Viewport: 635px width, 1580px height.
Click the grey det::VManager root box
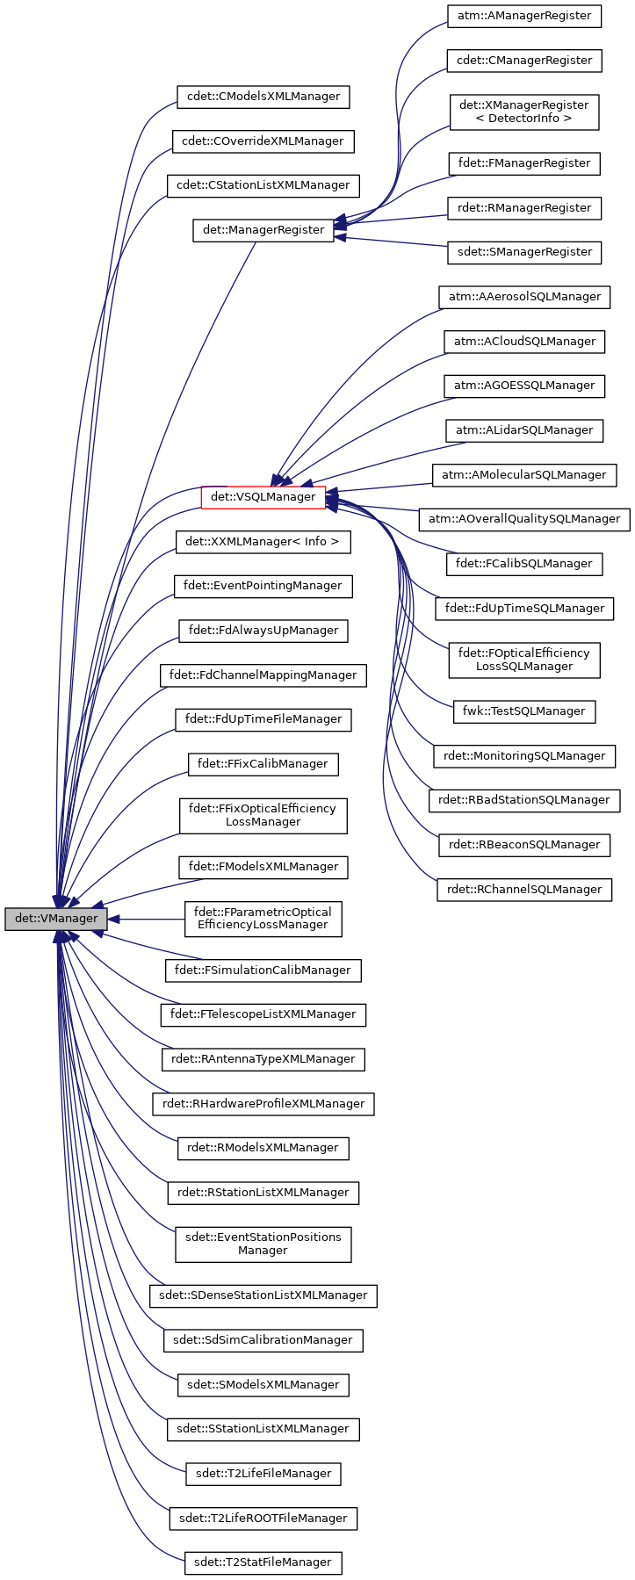56,920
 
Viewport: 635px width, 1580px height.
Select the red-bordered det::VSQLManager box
263,497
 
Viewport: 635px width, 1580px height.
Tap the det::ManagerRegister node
263,230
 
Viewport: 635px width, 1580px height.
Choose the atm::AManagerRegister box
524,16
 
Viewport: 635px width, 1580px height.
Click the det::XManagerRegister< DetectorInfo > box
523,112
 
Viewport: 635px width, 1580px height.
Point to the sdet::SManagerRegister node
524,252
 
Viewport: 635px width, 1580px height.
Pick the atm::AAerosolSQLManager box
524,297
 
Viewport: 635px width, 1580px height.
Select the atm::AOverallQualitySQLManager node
524,519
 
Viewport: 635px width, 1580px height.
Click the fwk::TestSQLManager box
524,711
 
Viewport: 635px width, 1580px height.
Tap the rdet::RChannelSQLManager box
524,890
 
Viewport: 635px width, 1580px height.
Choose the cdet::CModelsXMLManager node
263,97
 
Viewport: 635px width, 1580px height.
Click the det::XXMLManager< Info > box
263,542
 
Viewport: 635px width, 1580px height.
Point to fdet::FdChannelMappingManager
263,675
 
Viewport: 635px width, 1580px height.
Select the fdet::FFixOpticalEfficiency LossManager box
263,815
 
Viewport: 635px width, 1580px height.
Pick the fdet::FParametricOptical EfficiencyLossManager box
263,919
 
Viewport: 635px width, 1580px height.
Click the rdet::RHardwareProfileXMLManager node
263,1104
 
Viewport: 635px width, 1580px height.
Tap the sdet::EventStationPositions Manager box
263,1244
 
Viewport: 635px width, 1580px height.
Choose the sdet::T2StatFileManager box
263,1562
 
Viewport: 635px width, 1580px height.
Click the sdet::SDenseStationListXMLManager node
263,1295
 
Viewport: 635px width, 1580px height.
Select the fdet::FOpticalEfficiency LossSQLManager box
524,660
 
